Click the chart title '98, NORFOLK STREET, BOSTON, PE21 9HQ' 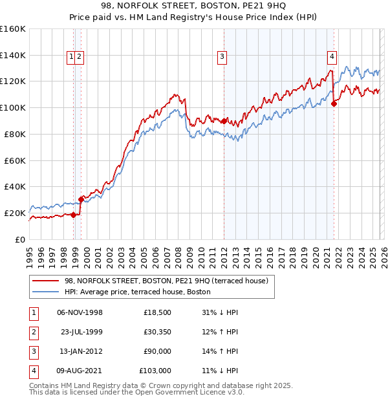193,7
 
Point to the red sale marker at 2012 224,121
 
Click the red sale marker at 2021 334,103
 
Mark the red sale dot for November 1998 74,215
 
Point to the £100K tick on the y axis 13,107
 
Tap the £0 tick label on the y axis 19,239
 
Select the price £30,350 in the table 157,332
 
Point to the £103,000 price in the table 155,371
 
